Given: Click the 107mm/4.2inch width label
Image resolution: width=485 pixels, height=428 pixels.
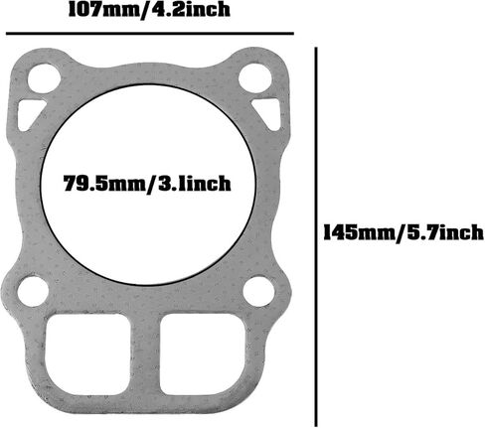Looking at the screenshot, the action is [149, 10].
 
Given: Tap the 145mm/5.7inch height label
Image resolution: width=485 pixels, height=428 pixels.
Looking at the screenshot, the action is [404, 232].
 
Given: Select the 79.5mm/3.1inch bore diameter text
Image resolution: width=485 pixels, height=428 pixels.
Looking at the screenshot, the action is [147, 183].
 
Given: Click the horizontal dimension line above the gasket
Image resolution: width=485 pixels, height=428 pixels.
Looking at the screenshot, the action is [150, 34].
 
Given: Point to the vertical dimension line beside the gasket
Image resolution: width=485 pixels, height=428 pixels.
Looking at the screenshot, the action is [316, 236].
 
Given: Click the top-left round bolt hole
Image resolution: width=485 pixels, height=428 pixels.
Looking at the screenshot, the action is [44, 79].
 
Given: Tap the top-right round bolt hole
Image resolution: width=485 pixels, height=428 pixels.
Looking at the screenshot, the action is [255, 78].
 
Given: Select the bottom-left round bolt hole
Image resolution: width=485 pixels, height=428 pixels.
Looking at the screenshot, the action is [33, 292].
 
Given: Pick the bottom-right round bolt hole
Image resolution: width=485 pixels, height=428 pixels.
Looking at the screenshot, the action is [258, 292].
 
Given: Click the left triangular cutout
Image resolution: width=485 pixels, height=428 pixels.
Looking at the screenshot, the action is [28, 112].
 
